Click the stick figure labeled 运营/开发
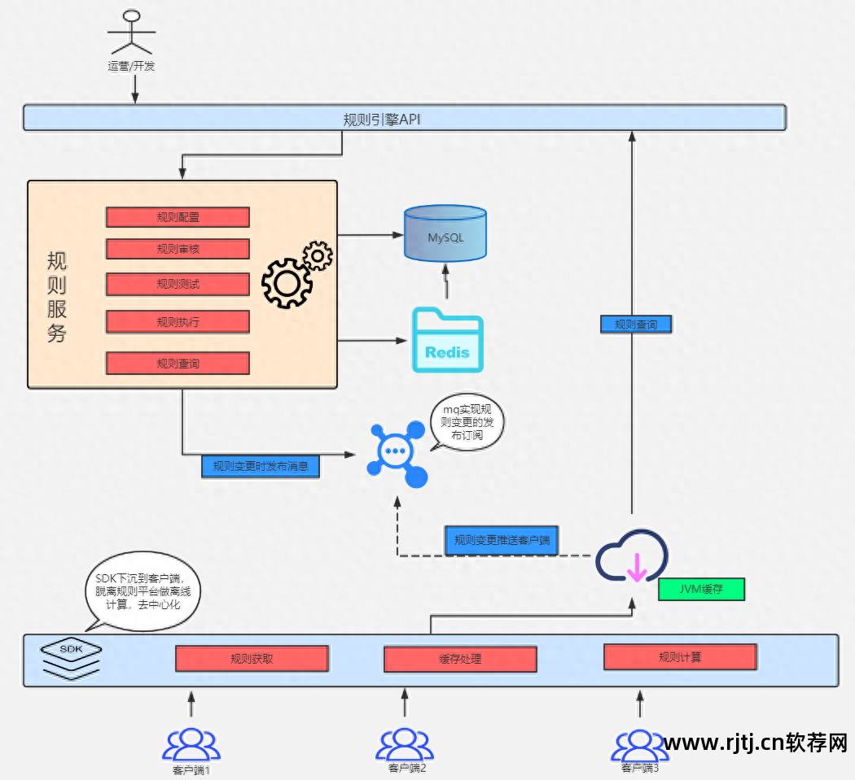tap(131, 31)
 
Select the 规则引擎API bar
tap(404, 119)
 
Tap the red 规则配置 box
tap(178, 217)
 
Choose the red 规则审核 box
tap(178, 249)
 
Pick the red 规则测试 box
tap(178, 285)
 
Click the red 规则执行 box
tap(178, 322)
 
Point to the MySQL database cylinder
tap(445, 234)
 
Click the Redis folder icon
tap(447, 340)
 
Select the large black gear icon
tap(286, 282)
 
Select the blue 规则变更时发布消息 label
tap(261, 466)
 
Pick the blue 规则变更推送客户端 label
tap(501, 540)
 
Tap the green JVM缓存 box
tap(701, 589)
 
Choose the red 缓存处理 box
tap(460, 658)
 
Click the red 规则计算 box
tap(680, 656)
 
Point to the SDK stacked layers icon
tap(72, 658)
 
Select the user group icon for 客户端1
tap(191, 744)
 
